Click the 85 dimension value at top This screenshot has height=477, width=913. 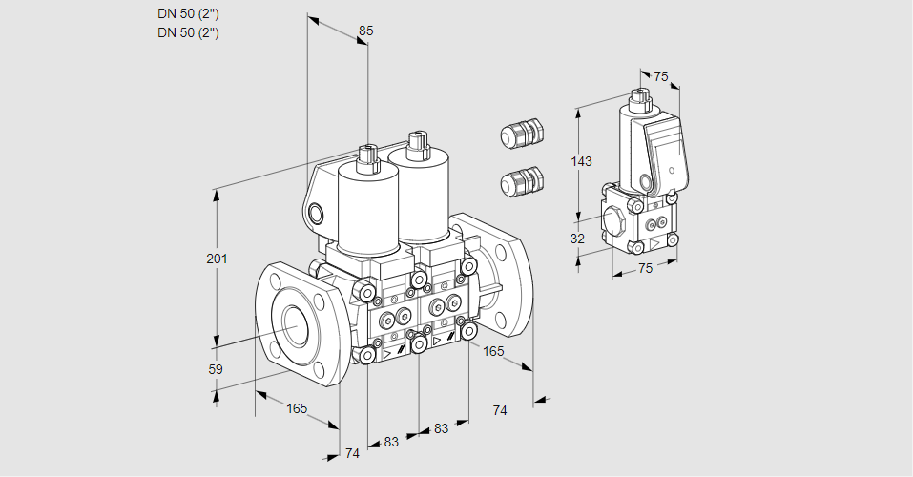pos(365,31)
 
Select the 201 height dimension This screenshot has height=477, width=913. pos(218,259)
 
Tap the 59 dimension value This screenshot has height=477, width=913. pos(216,369)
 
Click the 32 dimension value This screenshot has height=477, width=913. pos(577,238)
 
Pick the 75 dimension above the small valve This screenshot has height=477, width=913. pos(661,77)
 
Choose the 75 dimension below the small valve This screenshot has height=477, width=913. pos(645,268)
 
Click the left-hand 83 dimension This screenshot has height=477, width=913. pos(391,442)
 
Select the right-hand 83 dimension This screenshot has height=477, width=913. pos(441,428)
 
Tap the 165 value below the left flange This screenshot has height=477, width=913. pos(297,408)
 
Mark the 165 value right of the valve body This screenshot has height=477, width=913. pos(493,352)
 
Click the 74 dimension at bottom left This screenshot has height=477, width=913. pos(352,453)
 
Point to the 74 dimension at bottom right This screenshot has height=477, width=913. pos(499,409)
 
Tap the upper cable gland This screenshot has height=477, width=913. pos(522,134)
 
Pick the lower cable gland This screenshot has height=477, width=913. pos(522,180)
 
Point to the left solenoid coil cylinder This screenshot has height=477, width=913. pos(366,206)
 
